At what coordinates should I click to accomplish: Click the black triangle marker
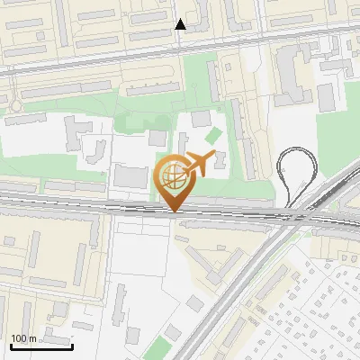(181, 24)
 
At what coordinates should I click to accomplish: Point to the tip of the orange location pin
(175, 212)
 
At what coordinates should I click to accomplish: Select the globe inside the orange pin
(175, 177)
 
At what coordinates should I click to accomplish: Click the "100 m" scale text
(23, 338)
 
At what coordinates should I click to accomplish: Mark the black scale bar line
(41, 346)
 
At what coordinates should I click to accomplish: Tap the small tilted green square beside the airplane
(212, 136)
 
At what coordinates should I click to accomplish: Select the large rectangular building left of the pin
(130, 175)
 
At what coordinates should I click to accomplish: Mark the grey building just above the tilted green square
(200, 120)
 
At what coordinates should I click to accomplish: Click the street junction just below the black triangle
(181, 40)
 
